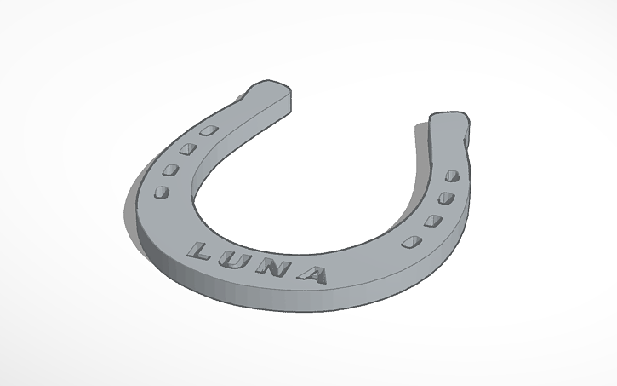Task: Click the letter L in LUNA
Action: [x=201, y=251]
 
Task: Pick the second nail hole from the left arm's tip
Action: [x=186, y=149]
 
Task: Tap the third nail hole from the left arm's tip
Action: [x=170, y=170]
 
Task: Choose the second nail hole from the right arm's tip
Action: [x=444, y=199]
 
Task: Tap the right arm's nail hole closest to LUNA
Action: [x=412, y=241]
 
